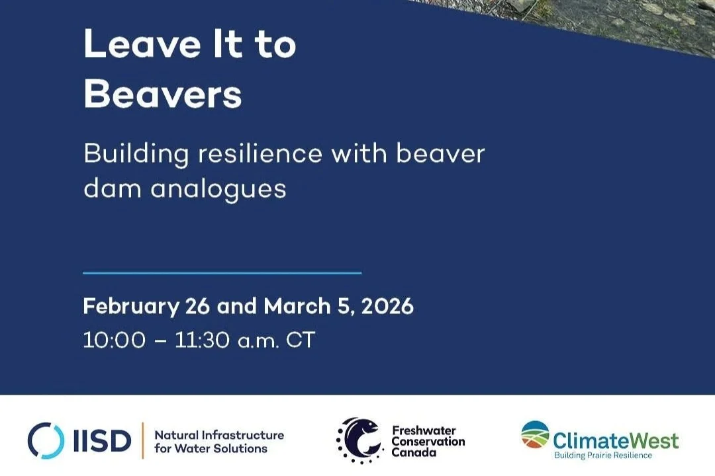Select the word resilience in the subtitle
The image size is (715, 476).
point(260,153)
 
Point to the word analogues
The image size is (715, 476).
point(218,188)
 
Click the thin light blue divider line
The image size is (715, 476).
point(222,272)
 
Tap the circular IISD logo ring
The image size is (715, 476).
point(46,440)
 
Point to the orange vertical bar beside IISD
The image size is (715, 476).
point(142,440)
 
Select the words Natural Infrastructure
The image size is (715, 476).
point(219,435)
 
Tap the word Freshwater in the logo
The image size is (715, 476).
point(424,430)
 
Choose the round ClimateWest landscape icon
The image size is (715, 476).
point(535,434)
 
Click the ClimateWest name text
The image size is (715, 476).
point(616,440)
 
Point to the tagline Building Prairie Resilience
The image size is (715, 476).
point(603,456)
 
